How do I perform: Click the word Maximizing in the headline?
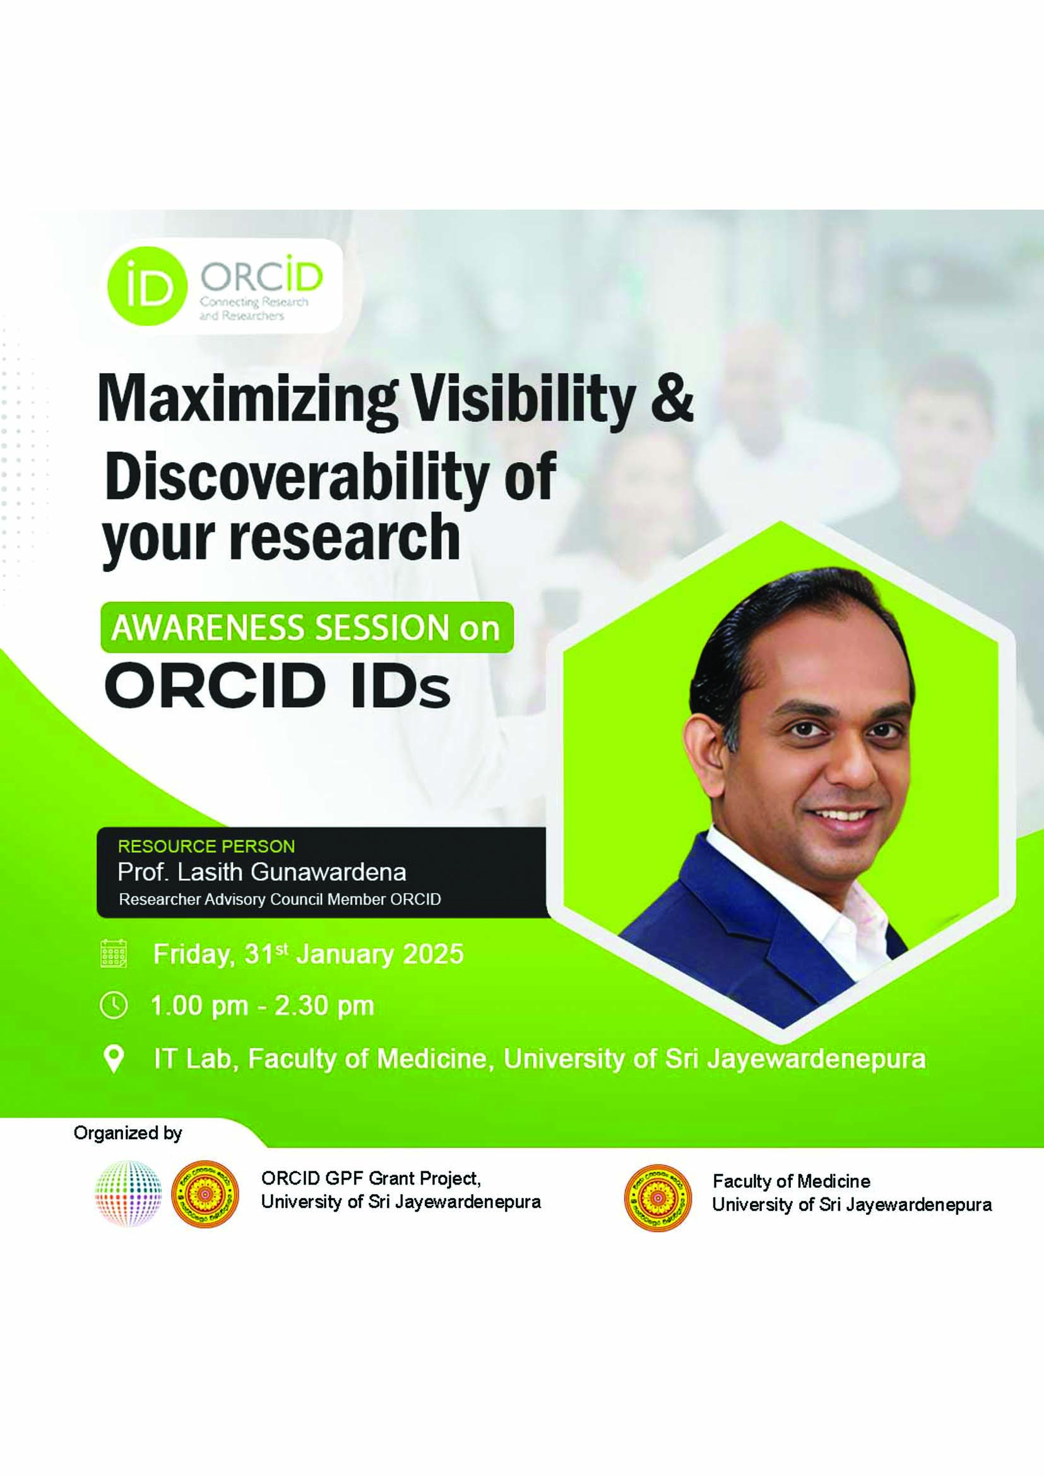click(x=247, y=400)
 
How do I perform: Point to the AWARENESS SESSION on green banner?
click(x=306, y=627)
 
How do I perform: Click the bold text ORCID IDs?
click(x=277, y=686)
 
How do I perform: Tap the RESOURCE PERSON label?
click(x=206, y=846)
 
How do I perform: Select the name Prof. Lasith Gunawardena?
click(x=262, y=872)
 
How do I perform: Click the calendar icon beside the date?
click(x=114, y=954)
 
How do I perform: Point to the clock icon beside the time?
click(x=114, y=1005)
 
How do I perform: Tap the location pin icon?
click(x=114, y=1059)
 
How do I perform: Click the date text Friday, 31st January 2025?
click(x=309, y=954)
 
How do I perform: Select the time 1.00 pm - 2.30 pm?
click(x=263, y=1005)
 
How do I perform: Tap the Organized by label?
click(x=128, y=1133)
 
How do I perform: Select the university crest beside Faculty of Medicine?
click(x=658, y=1197)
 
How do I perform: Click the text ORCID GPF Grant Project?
click(x=371, y=1178)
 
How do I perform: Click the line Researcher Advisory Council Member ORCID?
click(x=280, y=899)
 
